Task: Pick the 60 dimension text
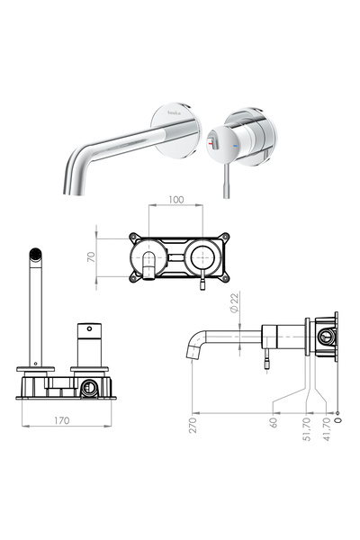[x=272, y=420]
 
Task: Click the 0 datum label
[x=337, y=418]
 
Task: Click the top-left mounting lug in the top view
[x=134, y=239]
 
